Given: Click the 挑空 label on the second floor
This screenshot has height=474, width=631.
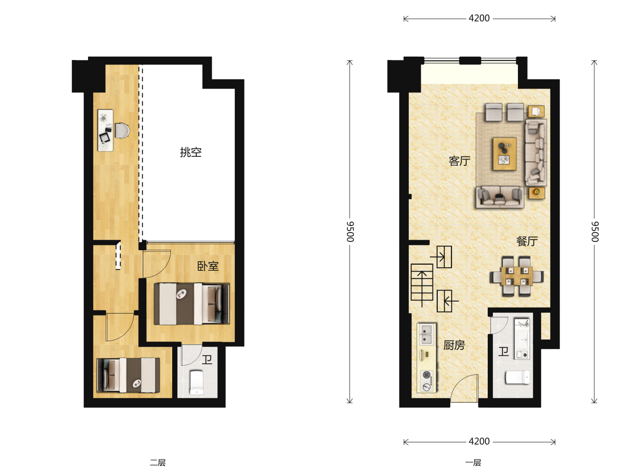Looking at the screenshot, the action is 191,152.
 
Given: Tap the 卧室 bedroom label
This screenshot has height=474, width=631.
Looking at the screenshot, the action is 208,266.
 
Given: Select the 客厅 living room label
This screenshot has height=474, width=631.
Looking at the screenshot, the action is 459,161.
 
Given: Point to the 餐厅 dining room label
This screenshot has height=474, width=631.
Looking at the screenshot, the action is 527,241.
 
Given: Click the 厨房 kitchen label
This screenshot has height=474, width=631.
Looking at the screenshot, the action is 454,345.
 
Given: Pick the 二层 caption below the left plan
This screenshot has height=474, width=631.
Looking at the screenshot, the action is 158,463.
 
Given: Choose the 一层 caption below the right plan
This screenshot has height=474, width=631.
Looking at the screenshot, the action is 473,463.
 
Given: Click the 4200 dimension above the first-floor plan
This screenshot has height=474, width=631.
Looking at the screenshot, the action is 479,18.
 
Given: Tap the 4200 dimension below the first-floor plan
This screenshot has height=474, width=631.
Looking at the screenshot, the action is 479,442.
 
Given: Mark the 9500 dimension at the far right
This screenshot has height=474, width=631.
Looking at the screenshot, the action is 595,232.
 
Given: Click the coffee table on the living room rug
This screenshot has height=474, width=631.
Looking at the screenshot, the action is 504,154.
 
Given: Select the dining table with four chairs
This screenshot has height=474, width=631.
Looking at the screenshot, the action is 517,276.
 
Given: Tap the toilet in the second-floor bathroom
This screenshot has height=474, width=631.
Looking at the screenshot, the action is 197,382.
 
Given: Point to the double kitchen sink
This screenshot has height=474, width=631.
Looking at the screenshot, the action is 426,335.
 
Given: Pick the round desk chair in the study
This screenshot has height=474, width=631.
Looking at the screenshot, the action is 122,131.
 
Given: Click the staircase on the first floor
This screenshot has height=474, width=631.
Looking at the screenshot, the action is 422,282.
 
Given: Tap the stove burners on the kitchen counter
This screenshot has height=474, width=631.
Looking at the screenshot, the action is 427,381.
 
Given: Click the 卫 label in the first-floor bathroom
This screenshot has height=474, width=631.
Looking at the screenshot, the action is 503,352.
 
